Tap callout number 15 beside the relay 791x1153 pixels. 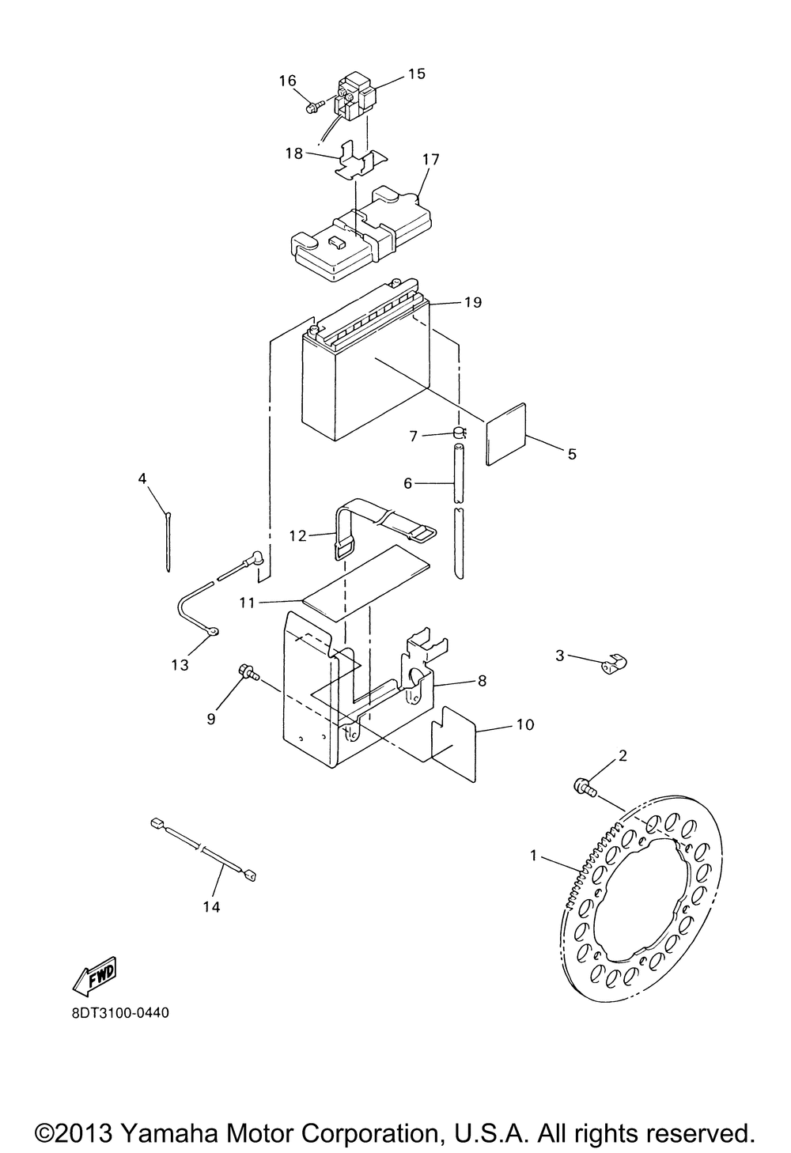416,74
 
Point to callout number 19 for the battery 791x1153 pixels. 473,302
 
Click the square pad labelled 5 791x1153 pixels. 506,434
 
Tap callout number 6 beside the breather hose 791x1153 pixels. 408,482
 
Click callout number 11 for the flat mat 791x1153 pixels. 247,603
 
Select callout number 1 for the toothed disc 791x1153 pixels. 534,855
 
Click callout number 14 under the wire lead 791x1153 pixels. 210,907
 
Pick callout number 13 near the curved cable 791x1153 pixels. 180,665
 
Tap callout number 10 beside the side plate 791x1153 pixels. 524,724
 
